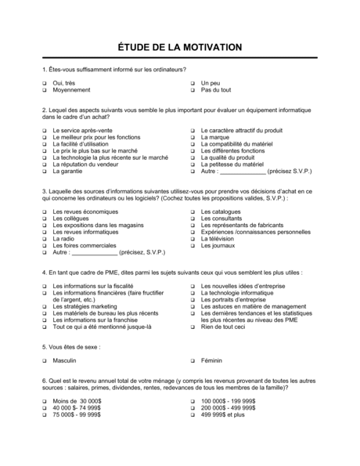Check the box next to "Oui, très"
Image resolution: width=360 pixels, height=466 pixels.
[x=45, y=83]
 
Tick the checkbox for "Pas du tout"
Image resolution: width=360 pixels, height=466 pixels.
[x=192, y=90]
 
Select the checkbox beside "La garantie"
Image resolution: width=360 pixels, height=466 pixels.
[x=45, y=171]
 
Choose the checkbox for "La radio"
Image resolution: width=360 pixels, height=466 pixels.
[x=45, y=239]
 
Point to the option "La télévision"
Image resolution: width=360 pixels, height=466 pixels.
[x=222, y=239]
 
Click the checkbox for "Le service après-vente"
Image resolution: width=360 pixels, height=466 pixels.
[x=45, y=129]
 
